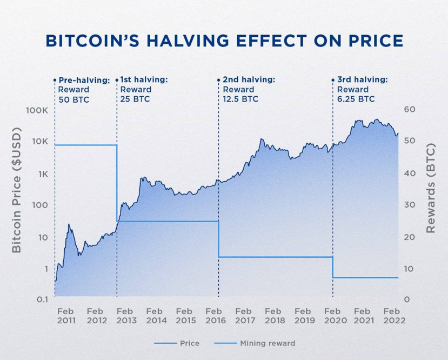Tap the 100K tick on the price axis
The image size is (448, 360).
click(37, 110)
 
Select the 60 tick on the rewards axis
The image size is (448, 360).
click(409, 110)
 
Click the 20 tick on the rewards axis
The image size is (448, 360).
click(409, 237)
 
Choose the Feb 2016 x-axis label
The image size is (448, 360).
click(214, 316)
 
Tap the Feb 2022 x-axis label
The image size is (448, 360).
click(392, 316)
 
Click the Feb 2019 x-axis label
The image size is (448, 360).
click(303, 316)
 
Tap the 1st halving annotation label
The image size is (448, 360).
click(144, 79)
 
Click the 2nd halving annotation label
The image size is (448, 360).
click(248, 79)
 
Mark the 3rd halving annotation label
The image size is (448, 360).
click(361, 79)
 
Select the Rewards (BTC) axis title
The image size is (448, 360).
click(431, 188)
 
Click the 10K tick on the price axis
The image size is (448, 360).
click(39, 142)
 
